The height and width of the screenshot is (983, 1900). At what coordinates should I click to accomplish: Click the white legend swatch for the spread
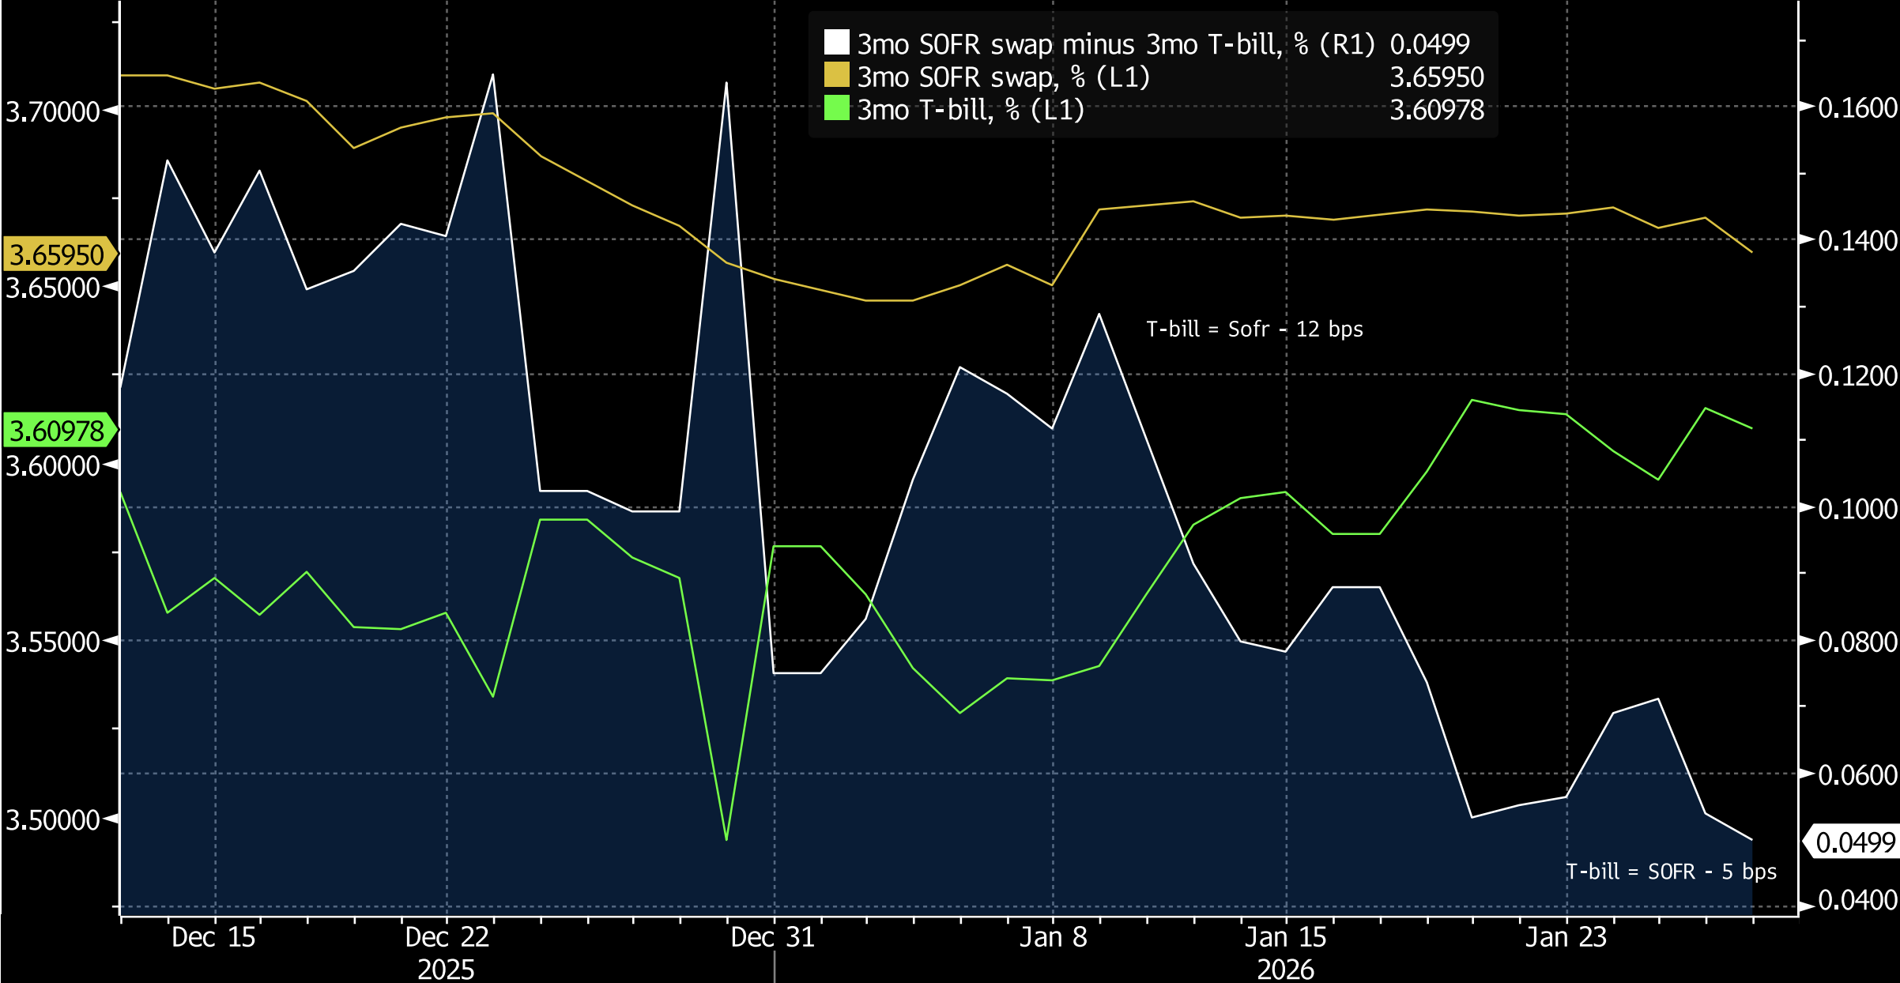836,43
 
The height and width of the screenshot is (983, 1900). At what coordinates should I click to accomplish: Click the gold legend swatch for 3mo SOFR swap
836,76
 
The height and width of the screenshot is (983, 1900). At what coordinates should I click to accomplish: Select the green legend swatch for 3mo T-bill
836,108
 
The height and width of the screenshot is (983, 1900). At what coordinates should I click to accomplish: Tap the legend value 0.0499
1429,44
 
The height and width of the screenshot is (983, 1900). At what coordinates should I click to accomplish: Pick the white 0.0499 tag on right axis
1854,842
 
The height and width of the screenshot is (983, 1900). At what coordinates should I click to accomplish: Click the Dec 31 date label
772,937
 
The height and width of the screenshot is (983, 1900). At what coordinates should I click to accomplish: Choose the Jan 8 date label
1053,937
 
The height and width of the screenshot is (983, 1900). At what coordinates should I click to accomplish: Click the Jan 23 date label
1566,937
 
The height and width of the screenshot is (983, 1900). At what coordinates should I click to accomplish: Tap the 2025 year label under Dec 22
446,969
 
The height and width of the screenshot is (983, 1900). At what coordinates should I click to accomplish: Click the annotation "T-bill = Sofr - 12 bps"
1254,329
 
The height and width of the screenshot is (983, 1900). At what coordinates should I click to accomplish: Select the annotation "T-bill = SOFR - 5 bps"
1671,872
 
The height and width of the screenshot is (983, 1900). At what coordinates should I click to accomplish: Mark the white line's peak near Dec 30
726,83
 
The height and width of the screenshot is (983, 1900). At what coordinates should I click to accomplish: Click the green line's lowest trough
726,839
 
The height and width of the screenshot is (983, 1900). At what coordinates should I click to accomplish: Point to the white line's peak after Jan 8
1099,314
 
